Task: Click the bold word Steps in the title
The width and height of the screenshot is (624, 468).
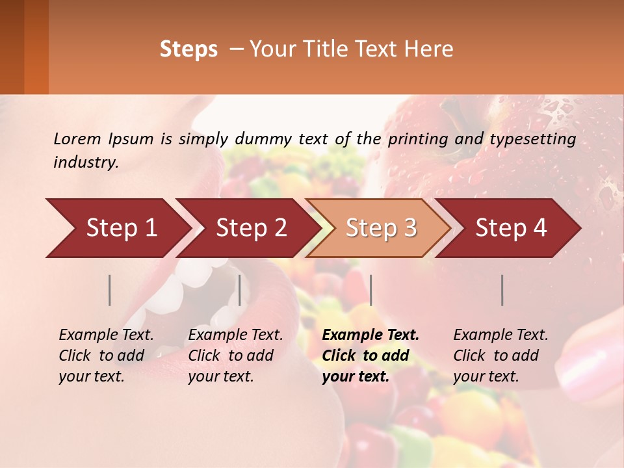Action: [188, 49]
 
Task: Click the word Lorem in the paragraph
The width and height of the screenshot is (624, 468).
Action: [77, 138]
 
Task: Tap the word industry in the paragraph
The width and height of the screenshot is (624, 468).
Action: [85, 162]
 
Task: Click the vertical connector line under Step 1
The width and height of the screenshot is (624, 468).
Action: [110, 290]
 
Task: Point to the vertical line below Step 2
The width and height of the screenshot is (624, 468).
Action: [240, 290]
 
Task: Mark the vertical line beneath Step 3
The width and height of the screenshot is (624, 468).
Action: [370, 290]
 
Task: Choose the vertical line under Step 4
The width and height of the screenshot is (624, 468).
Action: [502, 290]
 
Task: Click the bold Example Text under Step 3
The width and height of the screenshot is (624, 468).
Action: [370, 335]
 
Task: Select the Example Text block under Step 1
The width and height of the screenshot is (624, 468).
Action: [106, 356]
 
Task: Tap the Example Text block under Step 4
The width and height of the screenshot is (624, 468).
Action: [500, 356]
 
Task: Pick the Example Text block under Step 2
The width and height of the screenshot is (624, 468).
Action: [235, 356]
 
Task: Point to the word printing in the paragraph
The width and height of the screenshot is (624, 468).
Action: [416, 138]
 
